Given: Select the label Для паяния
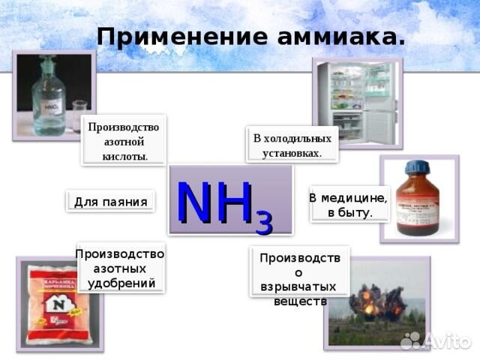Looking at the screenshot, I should pyautogui.click(x=110, y=201).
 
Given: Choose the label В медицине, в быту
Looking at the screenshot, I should pyautogui.click(x=349, y=205).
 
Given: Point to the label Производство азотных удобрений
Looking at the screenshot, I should pyautogui.click(x=120, y=268).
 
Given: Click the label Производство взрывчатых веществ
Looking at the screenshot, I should pyautogui.click(x=299, y=279).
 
